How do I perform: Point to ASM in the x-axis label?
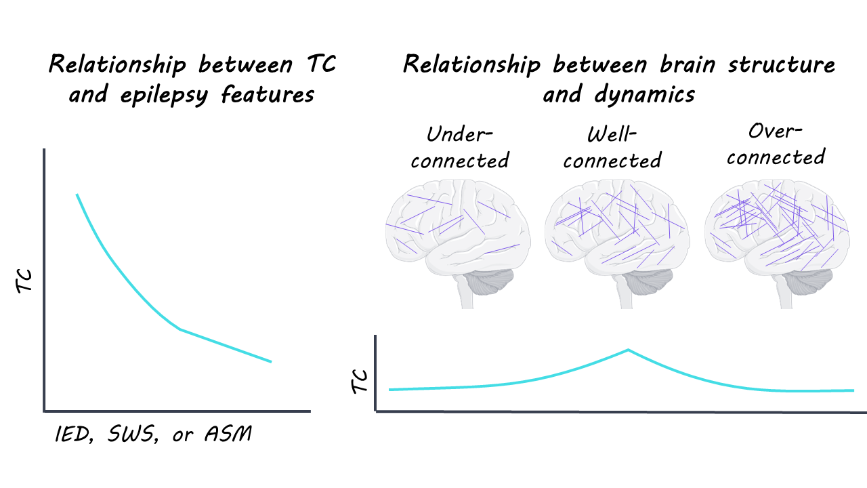tap(228, 434)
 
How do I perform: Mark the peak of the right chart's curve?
tap(628, 350)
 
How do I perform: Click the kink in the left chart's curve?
tap(180, 329)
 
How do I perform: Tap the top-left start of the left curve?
tap(77, 195)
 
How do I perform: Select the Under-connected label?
tap(459, 147)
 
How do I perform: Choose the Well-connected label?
tap(612, 147)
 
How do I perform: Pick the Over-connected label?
tap(776, 144)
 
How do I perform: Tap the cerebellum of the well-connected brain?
tap(652, 281)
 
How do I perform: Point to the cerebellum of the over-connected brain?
tap(811, 281)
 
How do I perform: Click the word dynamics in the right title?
tap(618, 94)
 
